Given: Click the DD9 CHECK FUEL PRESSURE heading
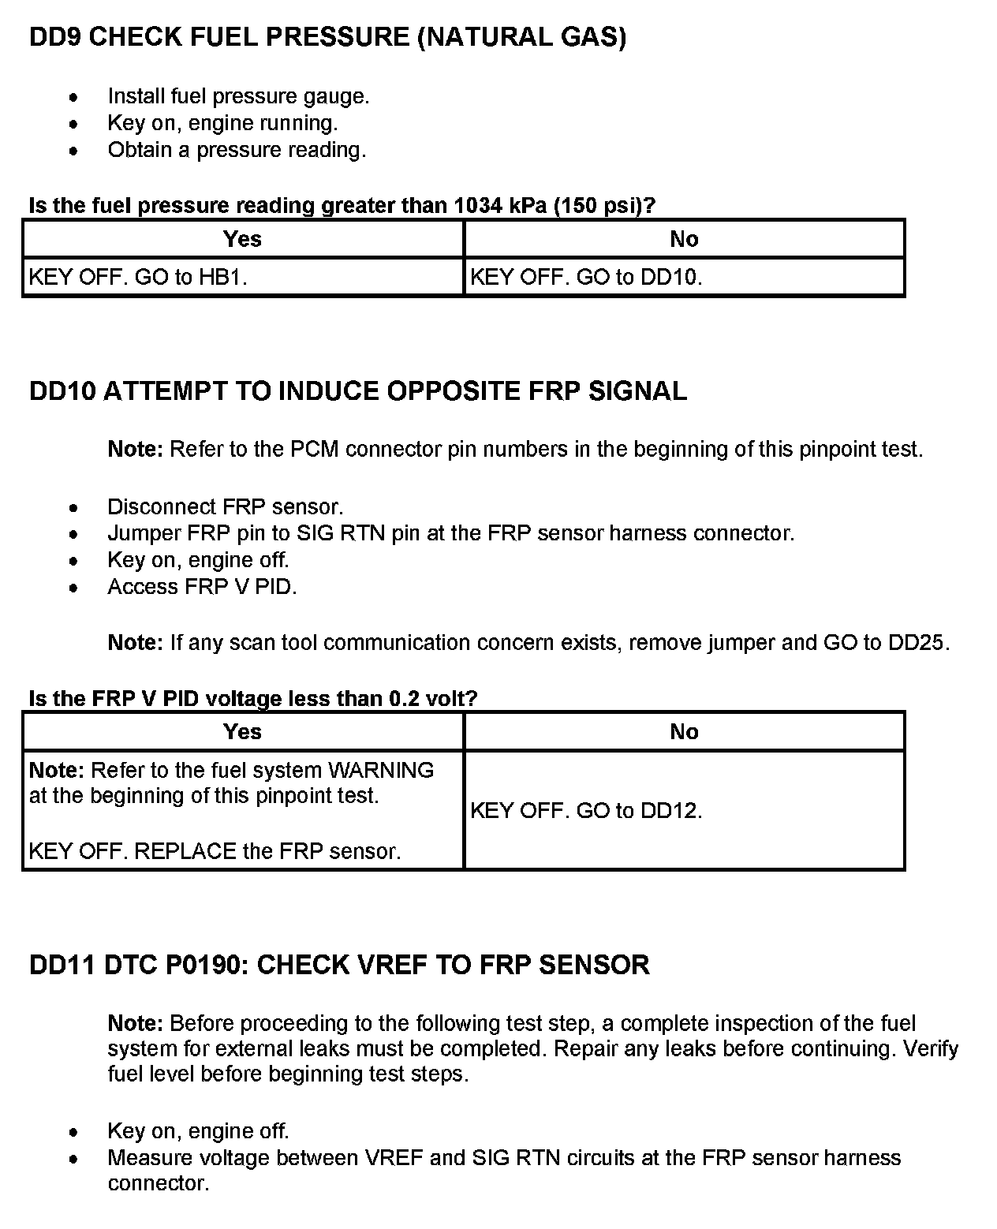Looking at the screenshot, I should [327, 37].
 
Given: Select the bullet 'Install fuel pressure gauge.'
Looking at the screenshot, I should [238, 96].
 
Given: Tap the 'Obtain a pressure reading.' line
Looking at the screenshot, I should [237, 150].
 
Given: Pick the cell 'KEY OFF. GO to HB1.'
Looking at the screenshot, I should [138, 278].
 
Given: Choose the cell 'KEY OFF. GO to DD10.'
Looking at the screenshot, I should [586, 278].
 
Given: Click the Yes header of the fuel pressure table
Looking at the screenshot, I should [242, 239].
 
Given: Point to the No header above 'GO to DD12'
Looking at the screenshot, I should [684, 732].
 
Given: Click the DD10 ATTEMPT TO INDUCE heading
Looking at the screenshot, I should [357, 391].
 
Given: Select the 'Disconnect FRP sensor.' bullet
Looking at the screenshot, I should [226, 506].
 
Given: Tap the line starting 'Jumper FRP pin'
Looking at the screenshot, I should [450, 533].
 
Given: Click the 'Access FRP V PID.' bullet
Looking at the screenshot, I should [202, 587].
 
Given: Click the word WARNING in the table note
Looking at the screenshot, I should [381, 770].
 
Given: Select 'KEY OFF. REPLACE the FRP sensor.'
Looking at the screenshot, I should [215, 851].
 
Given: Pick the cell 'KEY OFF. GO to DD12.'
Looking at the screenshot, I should [586, 811].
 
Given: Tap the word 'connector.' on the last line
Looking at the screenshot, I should [159, 1184].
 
